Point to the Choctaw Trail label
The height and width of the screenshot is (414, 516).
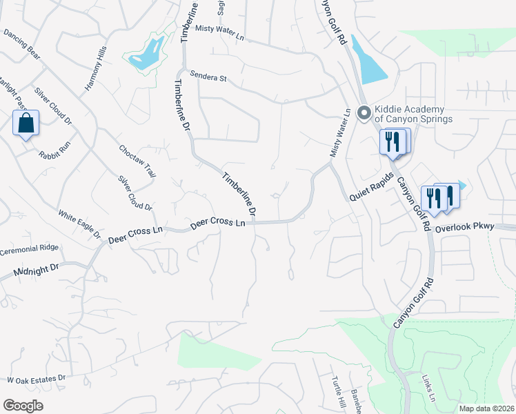click(136, 161)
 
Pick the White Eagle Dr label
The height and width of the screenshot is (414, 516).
click(79, 223)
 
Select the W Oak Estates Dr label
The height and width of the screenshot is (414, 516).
click(36, 379)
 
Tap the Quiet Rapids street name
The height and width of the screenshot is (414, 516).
click(370, 187)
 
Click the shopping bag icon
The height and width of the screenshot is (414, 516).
click(26, 124)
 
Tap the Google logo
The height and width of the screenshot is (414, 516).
click(23, 406)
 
